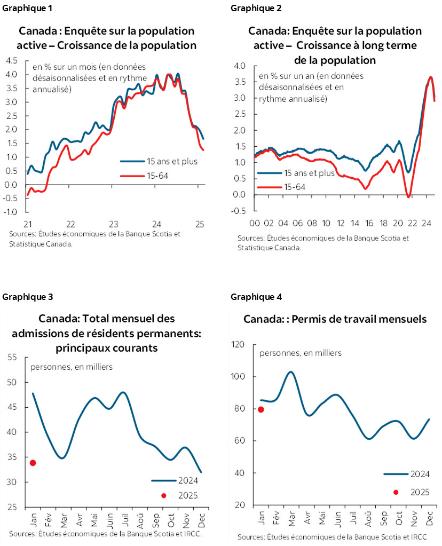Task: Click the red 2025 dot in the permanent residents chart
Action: coord(33,463)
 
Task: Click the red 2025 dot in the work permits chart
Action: coord(261,409)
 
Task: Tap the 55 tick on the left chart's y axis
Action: coord(12,357)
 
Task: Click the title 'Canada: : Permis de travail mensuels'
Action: coord(335,319)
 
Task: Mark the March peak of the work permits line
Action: coord(290,371)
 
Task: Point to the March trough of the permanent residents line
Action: coord(62,458)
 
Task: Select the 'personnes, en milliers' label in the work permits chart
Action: coord(301,353)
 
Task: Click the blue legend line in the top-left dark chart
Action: coord(132,161)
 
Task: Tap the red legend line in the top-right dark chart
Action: coord(270,187)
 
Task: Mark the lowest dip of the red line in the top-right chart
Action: coord(408,197)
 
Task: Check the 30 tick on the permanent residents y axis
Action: coord(12,482)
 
